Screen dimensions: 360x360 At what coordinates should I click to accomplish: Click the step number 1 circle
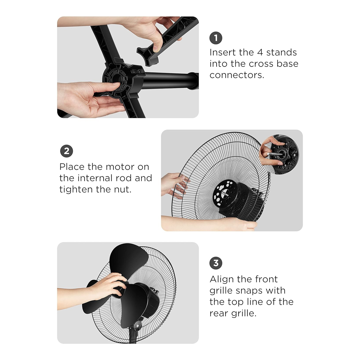click(216, 38)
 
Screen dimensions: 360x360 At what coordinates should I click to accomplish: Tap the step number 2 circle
click(67, 151)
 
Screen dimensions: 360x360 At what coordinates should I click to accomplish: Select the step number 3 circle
click(216, 263)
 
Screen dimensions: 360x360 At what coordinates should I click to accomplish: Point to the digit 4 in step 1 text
click(260, 52)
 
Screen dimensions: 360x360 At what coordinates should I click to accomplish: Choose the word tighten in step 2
click(76, 189)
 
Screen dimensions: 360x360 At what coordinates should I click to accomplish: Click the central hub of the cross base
click(123, 80)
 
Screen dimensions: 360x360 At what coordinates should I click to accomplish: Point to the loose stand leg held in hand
click(166, 41)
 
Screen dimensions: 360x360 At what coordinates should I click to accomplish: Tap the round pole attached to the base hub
click(170, 81)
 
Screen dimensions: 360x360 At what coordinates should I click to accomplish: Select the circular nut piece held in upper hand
click(284, 154)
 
